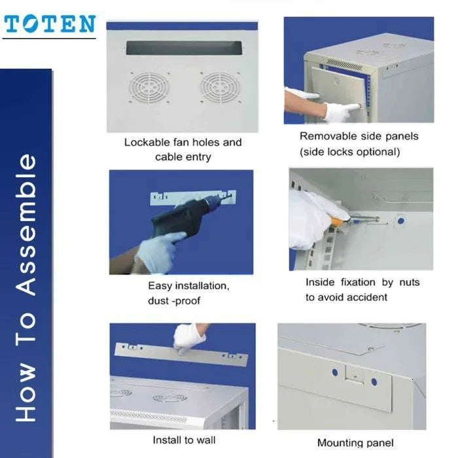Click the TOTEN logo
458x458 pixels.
[x=50, y=25]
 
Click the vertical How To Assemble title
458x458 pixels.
[x=27, y=288]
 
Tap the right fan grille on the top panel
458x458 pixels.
[x=219, y=88]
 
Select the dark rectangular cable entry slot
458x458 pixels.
[x=183, y=48]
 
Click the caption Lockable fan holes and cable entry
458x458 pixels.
[x=183, y=149]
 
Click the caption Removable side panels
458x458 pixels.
[x=359, y=137]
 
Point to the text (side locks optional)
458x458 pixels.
[x=349, y=152]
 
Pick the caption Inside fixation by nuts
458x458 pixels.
[x=362, y=283]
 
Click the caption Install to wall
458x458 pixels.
[x=184, y=440]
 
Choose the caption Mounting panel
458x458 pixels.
[x=355, y=443]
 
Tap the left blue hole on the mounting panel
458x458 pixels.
[x=334, y=373]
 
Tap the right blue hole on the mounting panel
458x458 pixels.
[x=374, y=381]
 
